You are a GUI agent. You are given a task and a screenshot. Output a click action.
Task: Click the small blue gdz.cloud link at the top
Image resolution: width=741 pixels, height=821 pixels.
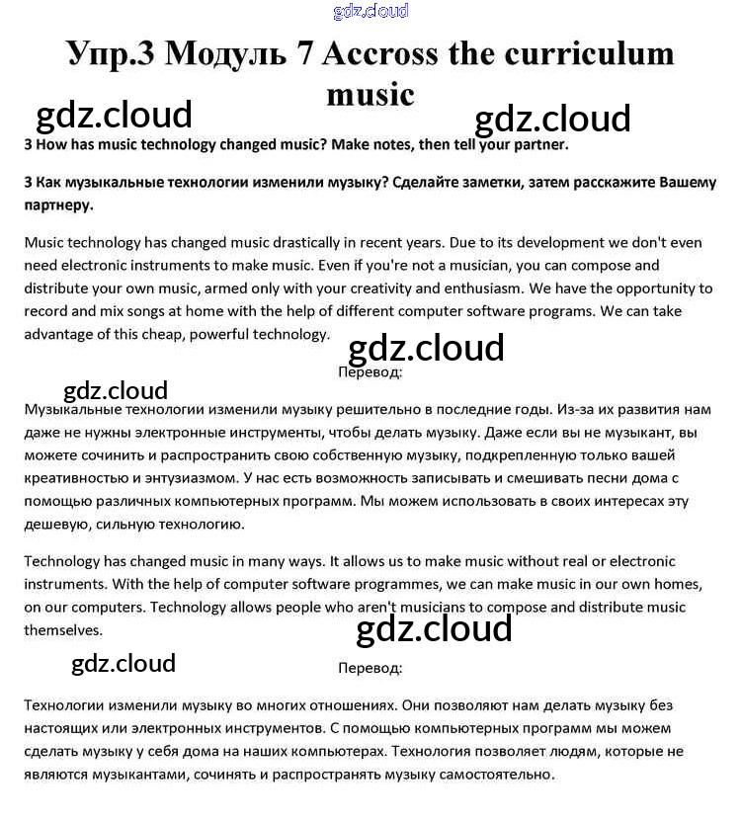[370, 12]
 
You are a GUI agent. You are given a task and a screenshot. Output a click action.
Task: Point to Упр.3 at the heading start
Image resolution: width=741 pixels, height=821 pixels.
[111, 53]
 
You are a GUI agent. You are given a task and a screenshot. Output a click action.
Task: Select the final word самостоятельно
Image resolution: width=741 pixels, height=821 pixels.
[486, 774]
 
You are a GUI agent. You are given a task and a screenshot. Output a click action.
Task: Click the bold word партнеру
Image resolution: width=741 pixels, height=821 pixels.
[58, 205]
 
